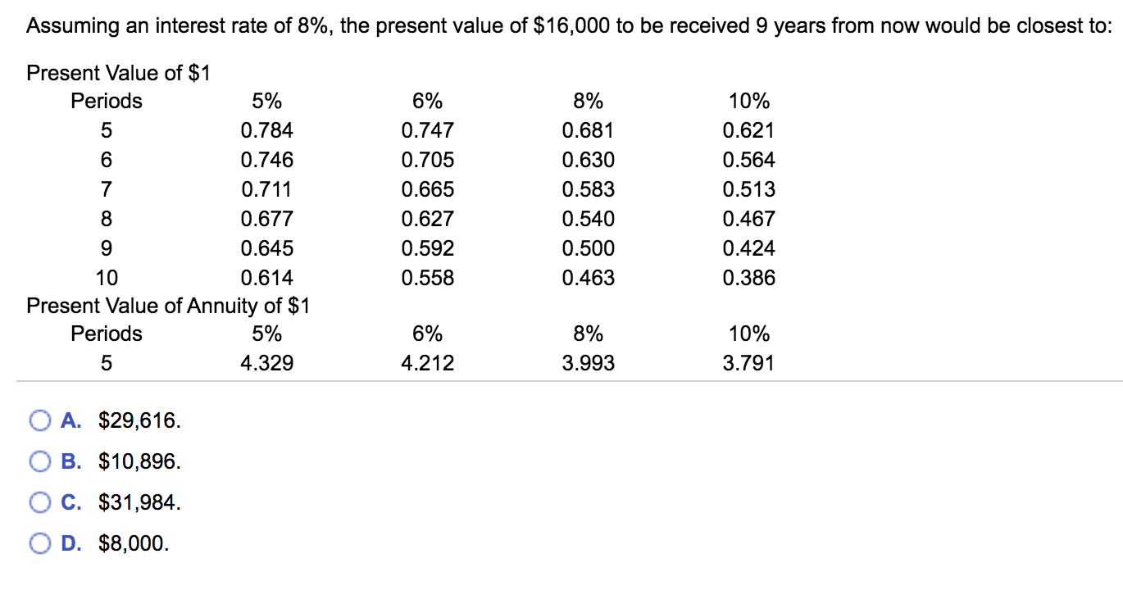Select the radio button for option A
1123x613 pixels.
pyautogui.click(x=39, y=421)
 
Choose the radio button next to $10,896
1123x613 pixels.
pyautogui.click(x=39, y=462)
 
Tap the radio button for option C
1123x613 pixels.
pyautogui.click(x=39, y=502)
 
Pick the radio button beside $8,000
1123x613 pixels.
pyautogui.click(x=39, y=543)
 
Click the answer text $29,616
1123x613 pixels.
pyautogui.click(x=139, y=421)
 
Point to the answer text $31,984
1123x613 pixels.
pyautogui.click(x=139, y=502)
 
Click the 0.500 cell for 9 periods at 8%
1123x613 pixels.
pyautogui.click(x=588, y=248)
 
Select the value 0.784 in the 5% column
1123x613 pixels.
pyautogui.click(x=266, y=130)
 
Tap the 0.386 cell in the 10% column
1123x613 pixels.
pyautogui.click(x=748, y=278)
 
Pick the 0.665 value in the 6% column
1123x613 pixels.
pyautogui.click(x=427, y=189)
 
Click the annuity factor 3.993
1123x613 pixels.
pyautogui.click(x=588, y=363)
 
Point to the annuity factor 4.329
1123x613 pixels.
pyautogui.click(x=266, y=363)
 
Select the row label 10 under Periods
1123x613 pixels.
pyautogui.click(x=107, y=278)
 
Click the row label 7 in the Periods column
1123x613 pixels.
pyautogui.click(x=107, y=189)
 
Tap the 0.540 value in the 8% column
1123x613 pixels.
pyautogui.click(x=588, y=219)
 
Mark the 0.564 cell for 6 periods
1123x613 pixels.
pyautogui.click(x=748, y=160)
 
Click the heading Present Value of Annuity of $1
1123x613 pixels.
pyautogui.click(x=168, y=306)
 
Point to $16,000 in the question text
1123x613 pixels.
pyautogui.click(x=571, y=26)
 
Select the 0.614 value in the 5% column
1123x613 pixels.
pyautogui.click(x=266, y=278)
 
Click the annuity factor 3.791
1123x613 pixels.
pyautogui.click(x=748, y=363)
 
